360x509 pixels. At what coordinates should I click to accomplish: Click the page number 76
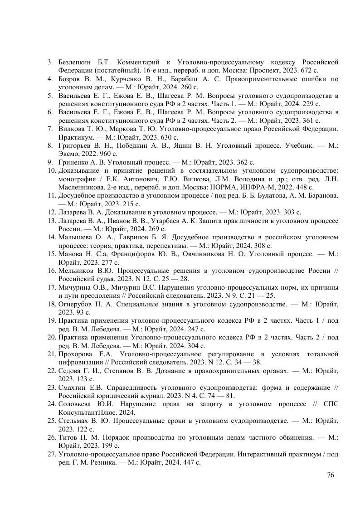pyautogui.click(x=330, y=475)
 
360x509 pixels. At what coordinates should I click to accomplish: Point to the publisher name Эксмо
pyautogui.click(x=68, y=154)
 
